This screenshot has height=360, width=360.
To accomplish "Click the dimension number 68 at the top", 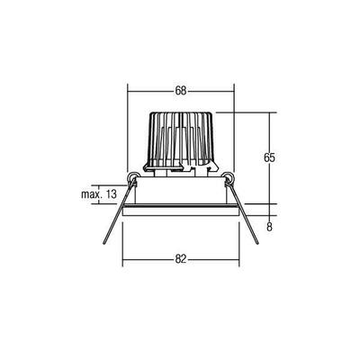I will coord(181,91).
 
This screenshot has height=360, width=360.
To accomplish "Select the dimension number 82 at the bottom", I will coord(181,259).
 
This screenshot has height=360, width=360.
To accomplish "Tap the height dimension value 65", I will coord(268,157).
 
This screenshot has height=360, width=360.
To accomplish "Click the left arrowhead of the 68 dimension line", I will coord(130,97).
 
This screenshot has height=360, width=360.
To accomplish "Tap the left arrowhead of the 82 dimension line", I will coord(123,265).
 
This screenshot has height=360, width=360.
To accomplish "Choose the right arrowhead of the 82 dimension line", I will coord(238,265).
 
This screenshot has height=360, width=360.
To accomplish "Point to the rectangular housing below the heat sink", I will coord(181,191).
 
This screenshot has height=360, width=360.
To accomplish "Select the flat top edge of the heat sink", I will coord(181,112).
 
